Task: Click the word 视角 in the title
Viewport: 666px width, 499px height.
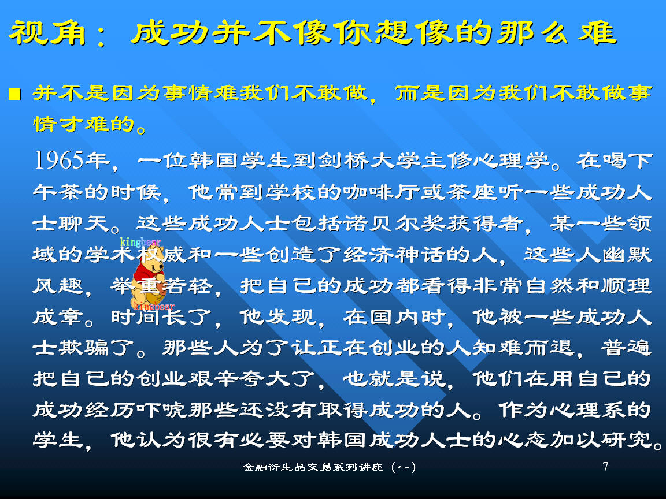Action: [x=47, y=33]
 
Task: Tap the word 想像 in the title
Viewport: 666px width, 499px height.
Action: [x=413, y=33]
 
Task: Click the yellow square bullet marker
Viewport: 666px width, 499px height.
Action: [x=15, y=94]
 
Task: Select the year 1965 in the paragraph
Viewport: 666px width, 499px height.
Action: [x=58, y=161]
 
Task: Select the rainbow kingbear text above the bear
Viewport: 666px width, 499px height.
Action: [x=140, y=243]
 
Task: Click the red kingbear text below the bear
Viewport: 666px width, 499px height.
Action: [x=154, y=306]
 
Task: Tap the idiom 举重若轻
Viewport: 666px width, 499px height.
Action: [x=161, y=286]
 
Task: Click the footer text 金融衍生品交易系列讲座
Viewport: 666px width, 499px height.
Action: [x=313, y=467]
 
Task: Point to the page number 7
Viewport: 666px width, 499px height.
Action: [x=605, y=467]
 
